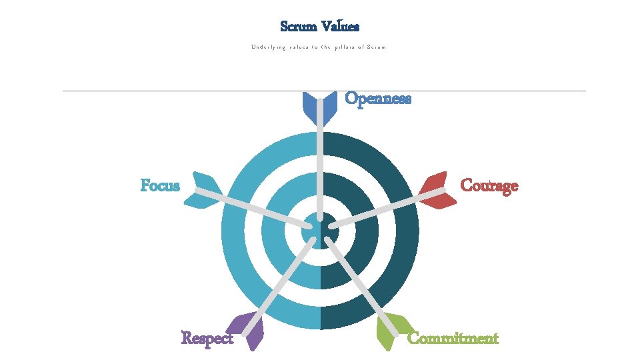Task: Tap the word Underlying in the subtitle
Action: click(269, 47)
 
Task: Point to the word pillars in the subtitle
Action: click(342, 47)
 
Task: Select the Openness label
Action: click(378, 99)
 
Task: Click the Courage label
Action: click(489, 185)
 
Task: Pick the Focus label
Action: click(160, 185)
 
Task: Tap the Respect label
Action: click(207, 338)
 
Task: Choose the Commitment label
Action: click(453, 338)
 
